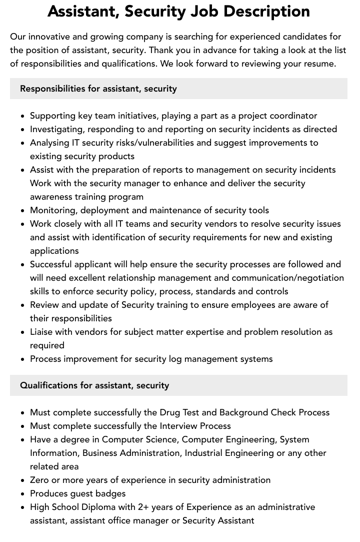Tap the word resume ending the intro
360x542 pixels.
click(x=318, y=64)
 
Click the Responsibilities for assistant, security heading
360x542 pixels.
click(x=98, y=89)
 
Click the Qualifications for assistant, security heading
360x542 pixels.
click(x=94, y=385)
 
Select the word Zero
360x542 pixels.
click(x=39, y=480)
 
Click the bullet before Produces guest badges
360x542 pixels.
click(x=23, y=493)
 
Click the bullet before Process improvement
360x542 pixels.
click(x=23, y=359)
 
